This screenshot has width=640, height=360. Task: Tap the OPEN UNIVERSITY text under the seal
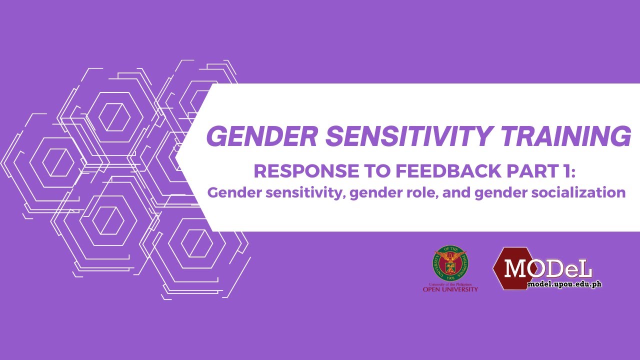click(450, 289)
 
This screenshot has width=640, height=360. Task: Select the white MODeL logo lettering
click(548, 268)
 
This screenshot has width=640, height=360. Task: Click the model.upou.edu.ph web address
click(564, 284)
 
